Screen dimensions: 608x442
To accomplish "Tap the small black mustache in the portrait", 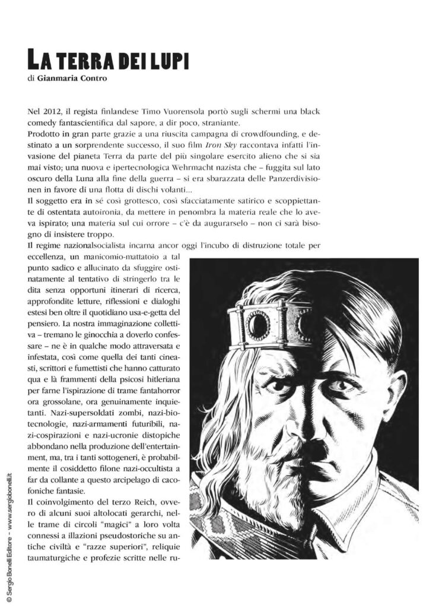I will pyautogui.click(x=315, y=451).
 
